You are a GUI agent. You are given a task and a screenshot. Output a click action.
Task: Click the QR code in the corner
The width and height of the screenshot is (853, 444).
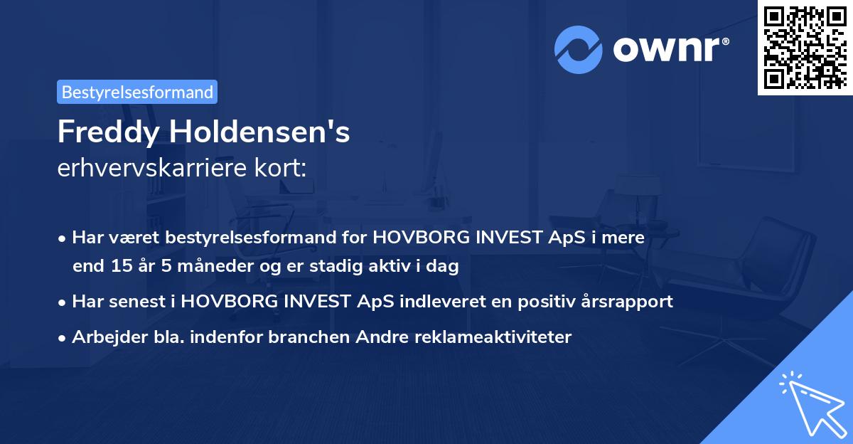805,47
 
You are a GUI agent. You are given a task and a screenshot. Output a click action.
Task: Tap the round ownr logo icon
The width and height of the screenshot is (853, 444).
579,49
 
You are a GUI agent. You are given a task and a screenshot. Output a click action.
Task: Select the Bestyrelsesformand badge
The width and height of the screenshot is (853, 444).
137,92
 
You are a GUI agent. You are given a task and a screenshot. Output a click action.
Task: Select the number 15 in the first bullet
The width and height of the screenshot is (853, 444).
119,267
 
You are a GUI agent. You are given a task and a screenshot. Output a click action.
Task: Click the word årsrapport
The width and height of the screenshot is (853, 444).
632,301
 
